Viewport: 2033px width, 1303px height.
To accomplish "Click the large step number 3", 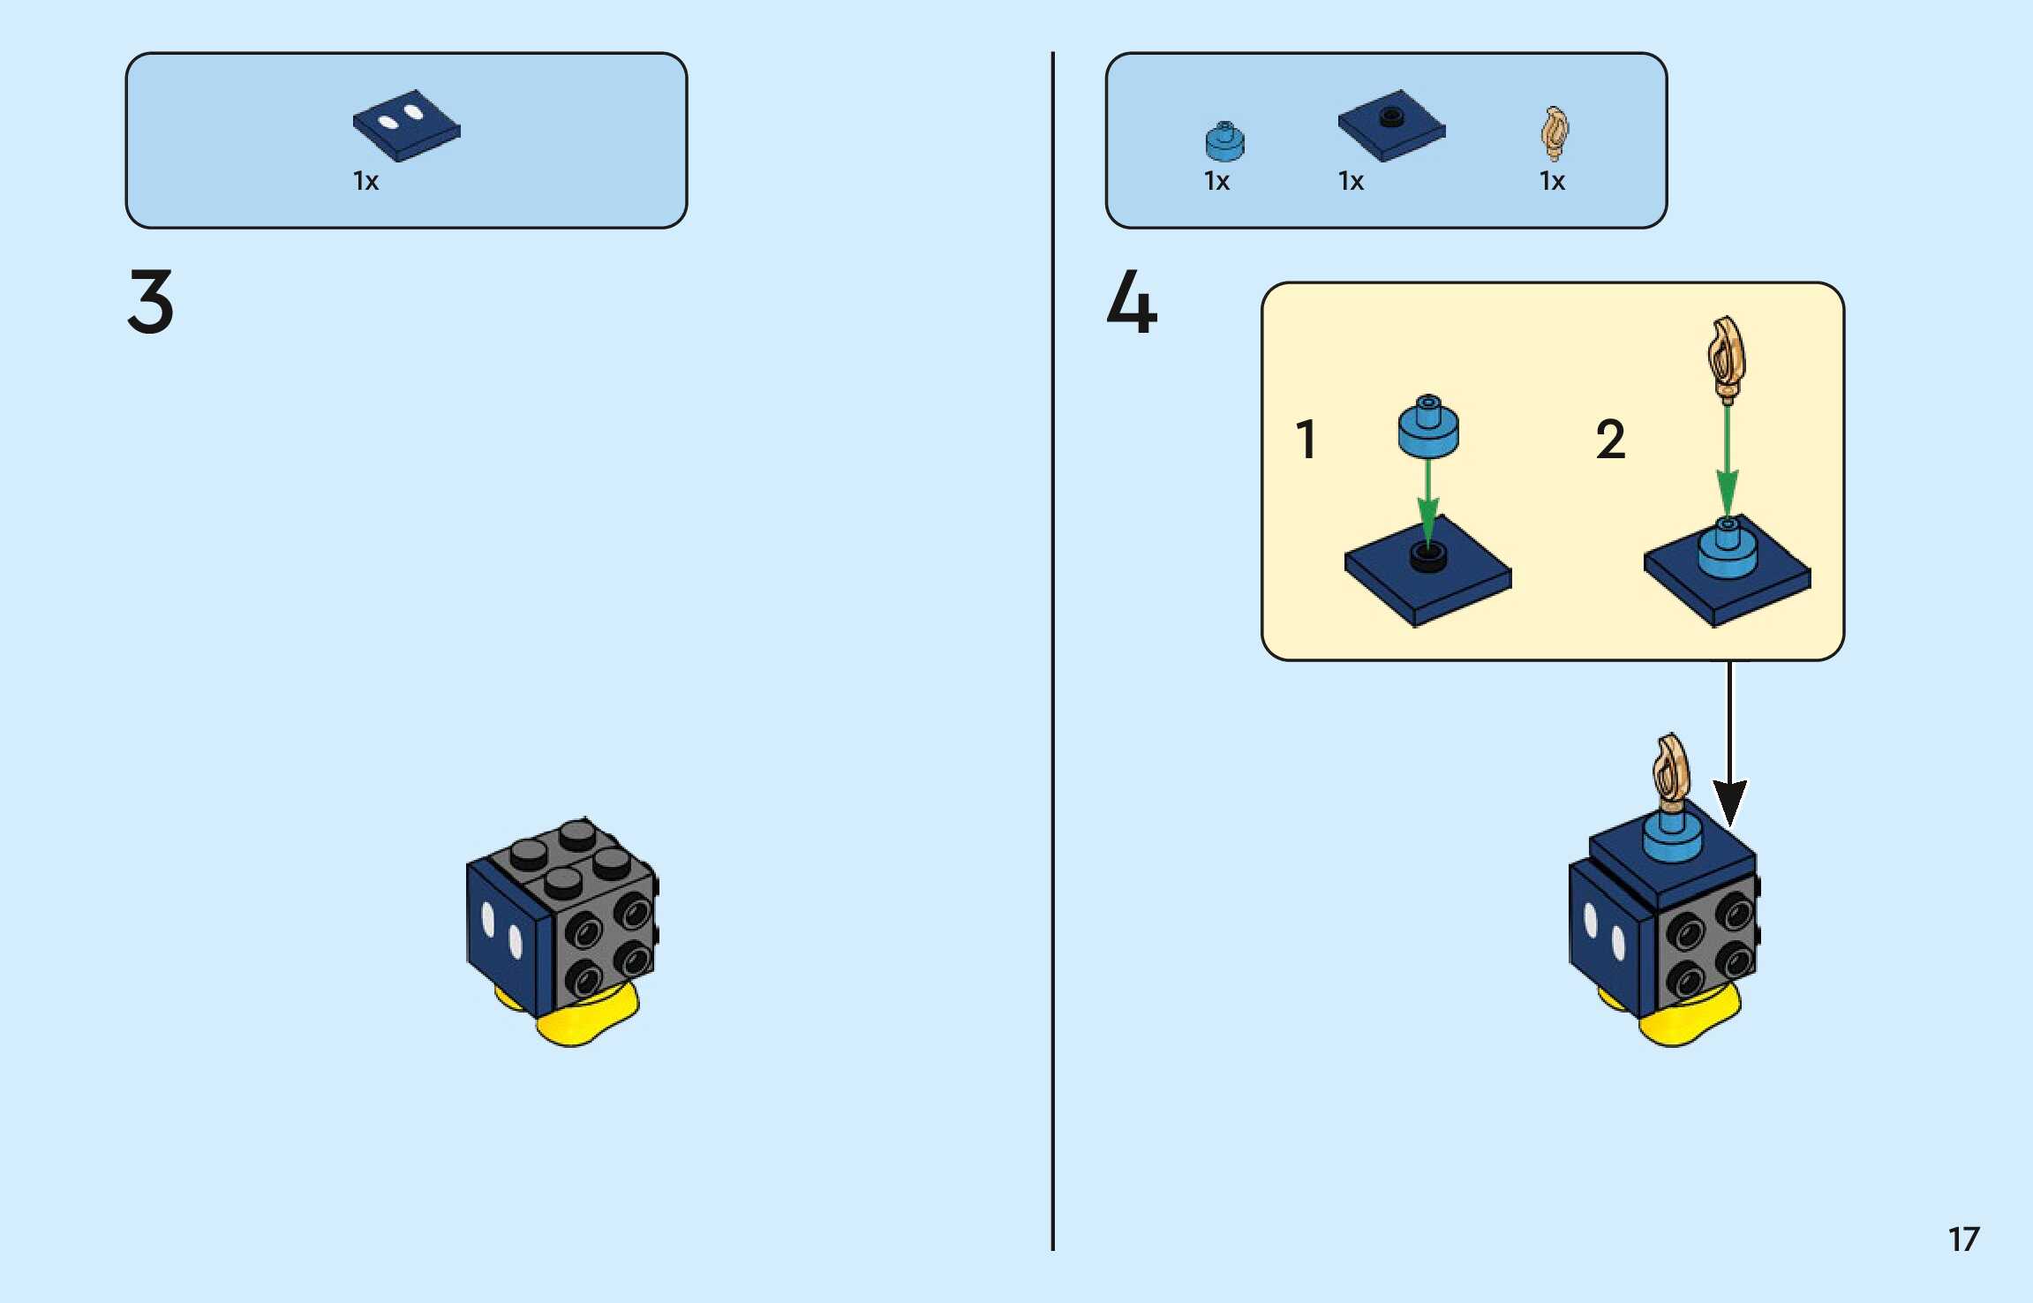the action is point(151,302).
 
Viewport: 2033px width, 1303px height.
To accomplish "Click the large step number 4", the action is point(1132,302).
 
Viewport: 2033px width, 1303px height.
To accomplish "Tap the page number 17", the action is point(1963,1239).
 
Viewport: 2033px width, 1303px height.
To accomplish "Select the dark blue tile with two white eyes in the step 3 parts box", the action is point(406,125).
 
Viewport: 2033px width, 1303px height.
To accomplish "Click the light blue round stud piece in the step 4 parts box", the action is point(1224,142).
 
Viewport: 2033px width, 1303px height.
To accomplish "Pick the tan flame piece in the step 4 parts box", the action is point(1555,133).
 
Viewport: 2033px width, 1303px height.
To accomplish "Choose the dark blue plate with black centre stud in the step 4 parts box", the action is point(1391,125).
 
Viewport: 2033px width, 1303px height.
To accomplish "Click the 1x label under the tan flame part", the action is point(1552,181).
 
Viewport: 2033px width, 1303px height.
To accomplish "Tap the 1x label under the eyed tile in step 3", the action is point(365,181).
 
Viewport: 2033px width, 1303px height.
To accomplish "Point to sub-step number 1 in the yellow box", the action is point(1306,439).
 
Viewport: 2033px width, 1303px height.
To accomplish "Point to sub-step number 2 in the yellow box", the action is point(1610,439).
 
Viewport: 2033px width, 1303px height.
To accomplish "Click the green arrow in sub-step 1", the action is point(1427,499).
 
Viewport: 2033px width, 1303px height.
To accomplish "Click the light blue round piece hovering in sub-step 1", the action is point(1428,427).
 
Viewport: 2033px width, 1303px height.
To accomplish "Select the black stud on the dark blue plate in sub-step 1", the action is point(1428,556).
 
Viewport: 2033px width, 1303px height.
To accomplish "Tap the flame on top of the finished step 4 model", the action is point(1670,772).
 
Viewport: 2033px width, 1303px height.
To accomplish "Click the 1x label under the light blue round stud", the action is point(1216,181).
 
